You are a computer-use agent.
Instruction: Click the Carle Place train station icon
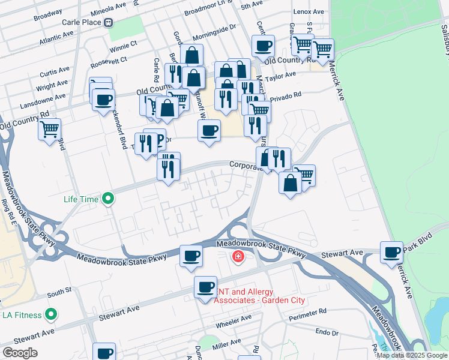pyautogui.click(x=108, y=22)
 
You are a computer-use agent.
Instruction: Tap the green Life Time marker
pyautogui.click(x=108, y=197)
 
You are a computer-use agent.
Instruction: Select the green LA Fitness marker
pyautogui.click(x=52, y=314)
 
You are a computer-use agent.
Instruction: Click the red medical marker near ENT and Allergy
pyautogui.click(x=238, y=257)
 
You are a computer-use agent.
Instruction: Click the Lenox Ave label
pyautogui.click(x=309, y=12)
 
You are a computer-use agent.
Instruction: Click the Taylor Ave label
pyautogui.click(x=282, y=76)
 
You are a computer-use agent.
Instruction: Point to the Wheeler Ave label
pyautogui.click(x=234, y=319)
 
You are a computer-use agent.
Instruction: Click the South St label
pyautogui.click(x=59, y=292)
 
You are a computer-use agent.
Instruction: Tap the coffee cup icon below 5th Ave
pyautogui.click(x=262, y=45)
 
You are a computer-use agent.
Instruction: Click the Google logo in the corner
pyautogui.click(x=20, y=353)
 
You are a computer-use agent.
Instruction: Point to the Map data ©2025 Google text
pyautogui.click(x=412, y=355)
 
